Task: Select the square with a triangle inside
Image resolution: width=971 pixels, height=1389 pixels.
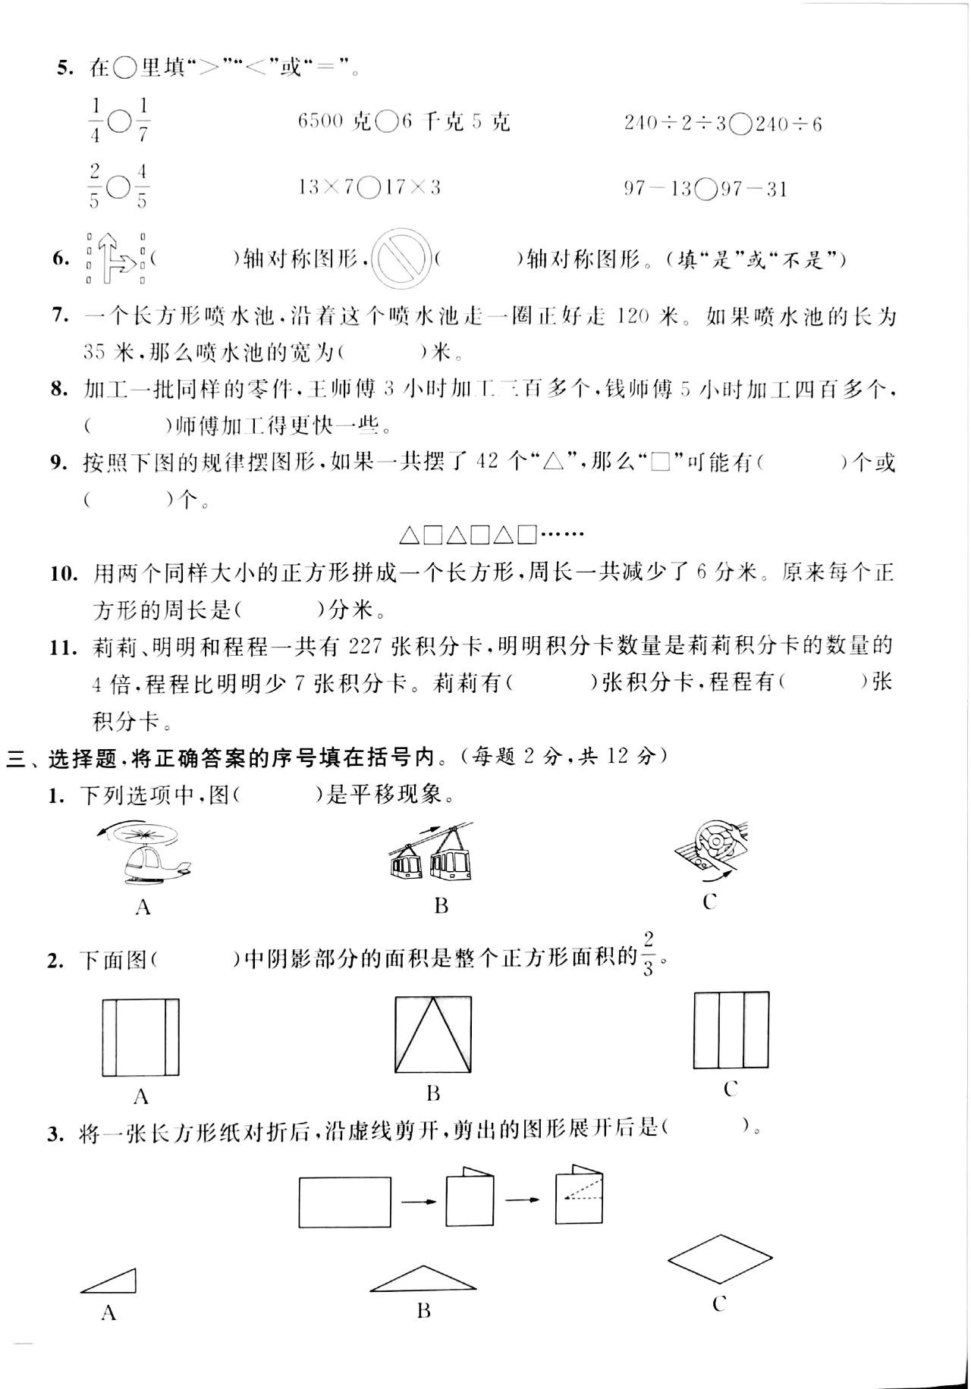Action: coord(433,1034)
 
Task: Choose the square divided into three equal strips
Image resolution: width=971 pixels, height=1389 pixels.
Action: coord(731,1029)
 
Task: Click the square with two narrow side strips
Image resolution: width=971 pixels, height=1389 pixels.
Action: coord(140,1037)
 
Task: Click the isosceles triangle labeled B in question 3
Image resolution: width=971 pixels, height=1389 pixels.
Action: coord(423,1279)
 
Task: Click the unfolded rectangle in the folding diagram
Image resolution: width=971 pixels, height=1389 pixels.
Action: coord(345,1202)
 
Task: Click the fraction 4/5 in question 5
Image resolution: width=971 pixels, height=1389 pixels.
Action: coord(143,187)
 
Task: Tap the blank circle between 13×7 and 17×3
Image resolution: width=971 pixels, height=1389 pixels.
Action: coord(370,187)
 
